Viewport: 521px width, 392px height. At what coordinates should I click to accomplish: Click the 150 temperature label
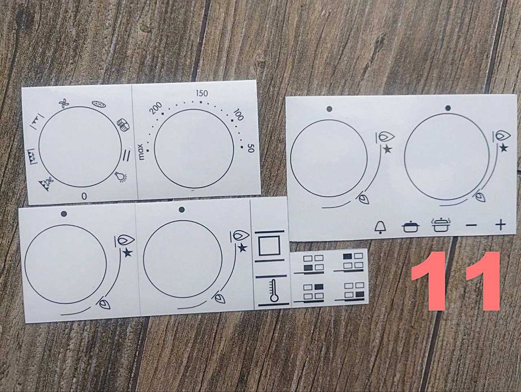pos(202,94)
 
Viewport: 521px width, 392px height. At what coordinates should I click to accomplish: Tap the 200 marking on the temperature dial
pos(156,108)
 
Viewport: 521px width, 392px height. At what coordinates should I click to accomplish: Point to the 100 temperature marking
pos(238,114)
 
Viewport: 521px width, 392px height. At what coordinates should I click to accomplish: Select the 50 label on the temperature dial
pos(251,149)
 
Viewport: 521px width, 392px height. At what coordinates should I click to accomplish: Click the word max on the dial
pos(141,152)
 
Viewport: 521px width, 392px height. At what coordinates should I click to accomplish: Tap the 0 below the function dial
pos(84,197)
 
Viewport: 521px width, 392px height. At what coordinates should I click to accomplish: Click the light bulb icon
pos(121,176)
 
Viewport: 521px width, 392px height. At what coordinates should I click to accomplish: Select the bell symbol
pos(380,227)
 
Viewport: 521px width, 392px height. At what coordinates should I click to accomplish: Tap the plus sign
pos(500,225)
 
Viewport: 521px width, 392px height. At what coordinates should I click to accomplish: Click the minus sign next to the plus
pos(472,226)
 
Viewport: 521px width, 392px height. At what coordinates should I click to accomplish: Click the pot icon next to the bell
pos(411,227)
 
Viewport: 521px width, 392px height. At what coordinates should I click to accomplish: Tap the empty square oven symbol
pos(269,246)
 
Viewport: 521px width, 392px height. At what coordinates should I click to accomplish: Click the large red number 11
pos(455,281)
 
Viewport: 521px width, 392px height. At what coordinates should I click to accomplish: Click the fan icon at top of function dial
pos(64,104)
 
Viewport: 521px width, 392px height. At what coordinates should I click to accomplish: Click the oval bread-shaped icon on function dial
pos(99,104)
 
